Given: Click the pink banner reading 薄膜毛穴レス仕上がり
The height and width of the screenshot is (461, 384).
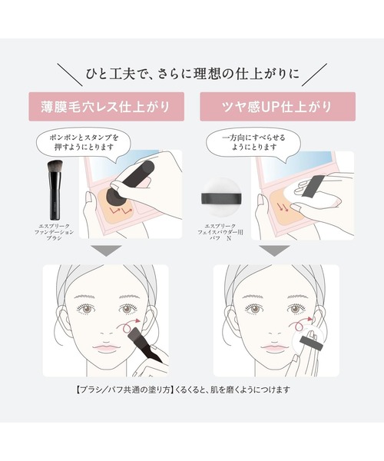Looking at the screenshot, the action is [x=106, y=107].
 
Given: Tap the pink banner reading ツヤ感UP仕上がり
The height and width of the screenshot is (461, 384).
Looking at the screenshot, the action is [x=278, y=107].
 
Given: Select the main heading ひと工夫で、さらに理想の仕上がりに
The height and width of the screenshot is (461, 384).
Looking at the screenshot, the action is [x=193, y=74].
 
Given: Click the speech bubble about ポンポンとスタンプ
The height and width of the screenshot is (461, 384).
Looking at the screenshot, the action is [x=84, y=143].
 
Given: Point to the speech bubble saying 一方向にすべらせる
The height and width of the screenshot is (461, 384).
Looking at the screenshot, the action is [x=253, y=143].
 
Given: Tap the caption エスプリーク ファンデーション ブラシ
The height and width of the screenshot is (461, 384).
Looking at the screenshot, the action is [x=54, y=232].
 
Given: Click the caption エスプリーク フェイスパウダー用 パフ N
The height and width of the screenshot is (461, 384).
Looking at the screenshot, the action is [x=220, y=232].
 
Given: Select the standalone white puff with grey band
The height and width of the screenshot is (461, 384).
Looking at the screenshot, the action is [x=221, y=195].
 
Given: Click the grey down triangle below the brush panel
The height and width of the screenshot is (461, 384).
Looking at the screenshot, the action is [x=106, y=250].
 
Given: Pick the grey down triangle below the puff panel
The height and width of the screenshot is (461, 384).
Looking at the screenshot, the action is [x=275, y=250].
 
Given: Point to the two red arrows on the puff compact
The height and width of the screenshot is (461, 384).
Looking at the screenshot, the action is [x=283, y=207].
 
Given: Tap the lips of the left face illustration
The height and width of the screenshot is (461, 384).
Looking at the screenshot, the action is [x=106, y=348].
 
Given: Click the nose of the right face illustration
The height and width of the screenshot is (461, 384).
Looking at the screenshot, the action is [x=274, y=332].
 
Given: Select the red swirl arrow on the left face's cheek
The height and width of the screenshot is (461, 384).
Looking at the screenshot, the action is [x=129, y=324].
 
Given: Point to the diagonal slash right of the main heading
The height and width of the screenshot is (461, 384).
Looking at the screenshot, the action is [x=314, y=75].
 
